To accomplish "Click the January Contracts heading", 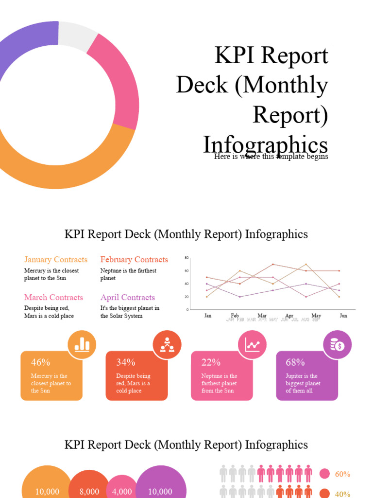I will click(56, 260).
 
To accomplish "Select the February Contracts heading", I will click(134, 260).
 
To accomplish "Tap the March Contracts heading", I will click(53, 298).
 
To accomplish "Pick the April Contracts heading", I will click(128, 298).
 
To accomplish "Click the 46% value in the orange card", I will click(40, 362).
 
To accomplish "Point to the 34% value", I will click(126, 362).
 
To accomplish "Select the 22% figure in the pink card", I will click(211, 362).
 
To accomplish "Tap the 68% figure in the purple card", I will click(295, 362).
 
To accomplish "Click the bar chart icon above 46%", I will click(82, 345).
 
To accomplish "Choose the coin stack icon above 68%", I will click(337, 345).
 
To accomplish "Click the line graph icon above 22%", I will click(252, 345).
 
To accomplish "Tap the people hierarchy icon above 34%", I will click(167, 345).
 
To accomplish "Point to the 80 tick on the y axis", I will click(186, 258).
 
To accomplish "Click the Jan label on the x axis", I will click(208, 316).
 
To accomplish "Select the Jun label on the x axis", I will click(343, 316).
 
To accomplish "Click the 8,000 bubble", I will click(89, 492).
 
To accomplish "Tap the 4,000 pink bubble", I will click(122, 492).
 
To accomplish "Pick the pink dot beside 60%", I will click(324, 474).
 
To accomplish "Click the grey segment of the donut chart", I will click(78, 36).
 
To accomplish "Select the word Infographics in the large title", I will click(265, 144).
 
